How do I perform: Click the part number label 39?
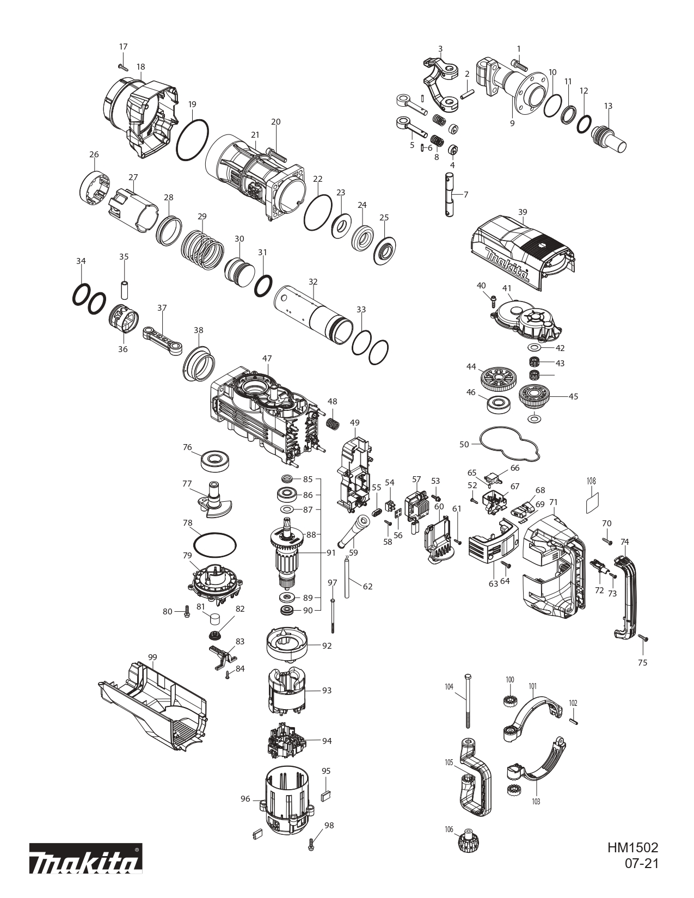tap(523, 212)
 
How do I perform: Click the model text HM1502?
tap(632, 848)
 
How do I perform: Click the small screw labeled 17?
tap(122, 67)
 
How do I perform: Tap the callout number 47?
tap(267, 359)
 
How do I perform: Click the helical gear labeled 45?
tap(536, 397)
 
